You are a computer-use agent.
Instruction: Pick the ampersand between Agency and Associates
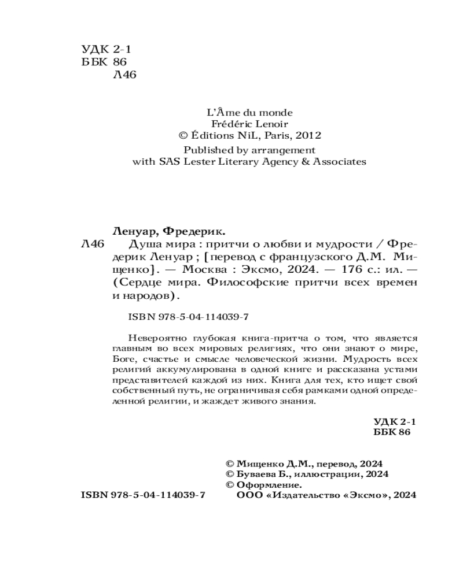point(304,162)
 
